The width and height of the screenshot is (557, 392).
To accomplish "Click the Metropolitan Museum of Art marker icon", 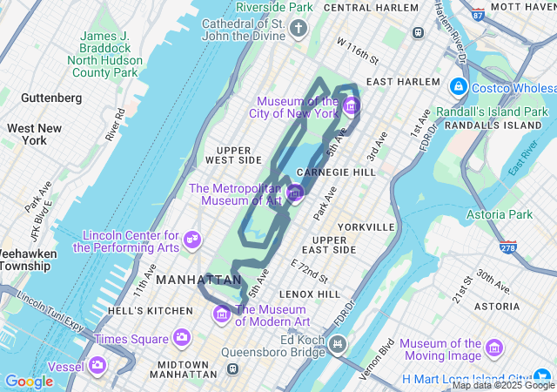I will click(x=295, y=193).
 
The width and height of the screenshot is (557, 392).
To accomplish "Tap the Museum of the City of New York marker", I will click(x=351, y=107).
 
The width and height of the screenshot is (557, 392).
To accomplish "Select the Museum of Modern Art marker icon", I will click(x=223, y=314).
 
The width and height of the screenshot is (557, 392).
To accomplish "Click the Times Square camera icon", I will click(x=182, y=336).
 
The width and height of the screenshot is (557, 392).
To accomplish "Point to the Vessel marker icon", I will click(x=98, y=364).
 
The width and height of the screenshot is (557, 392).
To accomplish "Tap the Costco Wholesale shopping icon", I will click(x=458, y=88).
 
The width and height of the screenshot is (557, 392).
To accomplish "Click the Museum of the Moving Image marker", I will click(x=495, y=348).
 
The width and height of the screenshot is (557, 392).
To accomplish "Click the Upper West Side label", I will click(x=233, y=154).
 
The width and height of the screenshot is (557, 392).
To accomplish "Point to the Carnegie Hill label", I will click(x=336, y=172).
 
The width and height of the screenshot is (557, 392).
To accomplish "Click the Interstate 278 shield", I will click(x=509, y=248).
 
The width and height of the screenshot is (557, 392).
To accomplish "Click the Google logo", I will click(x=29, y=381).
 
